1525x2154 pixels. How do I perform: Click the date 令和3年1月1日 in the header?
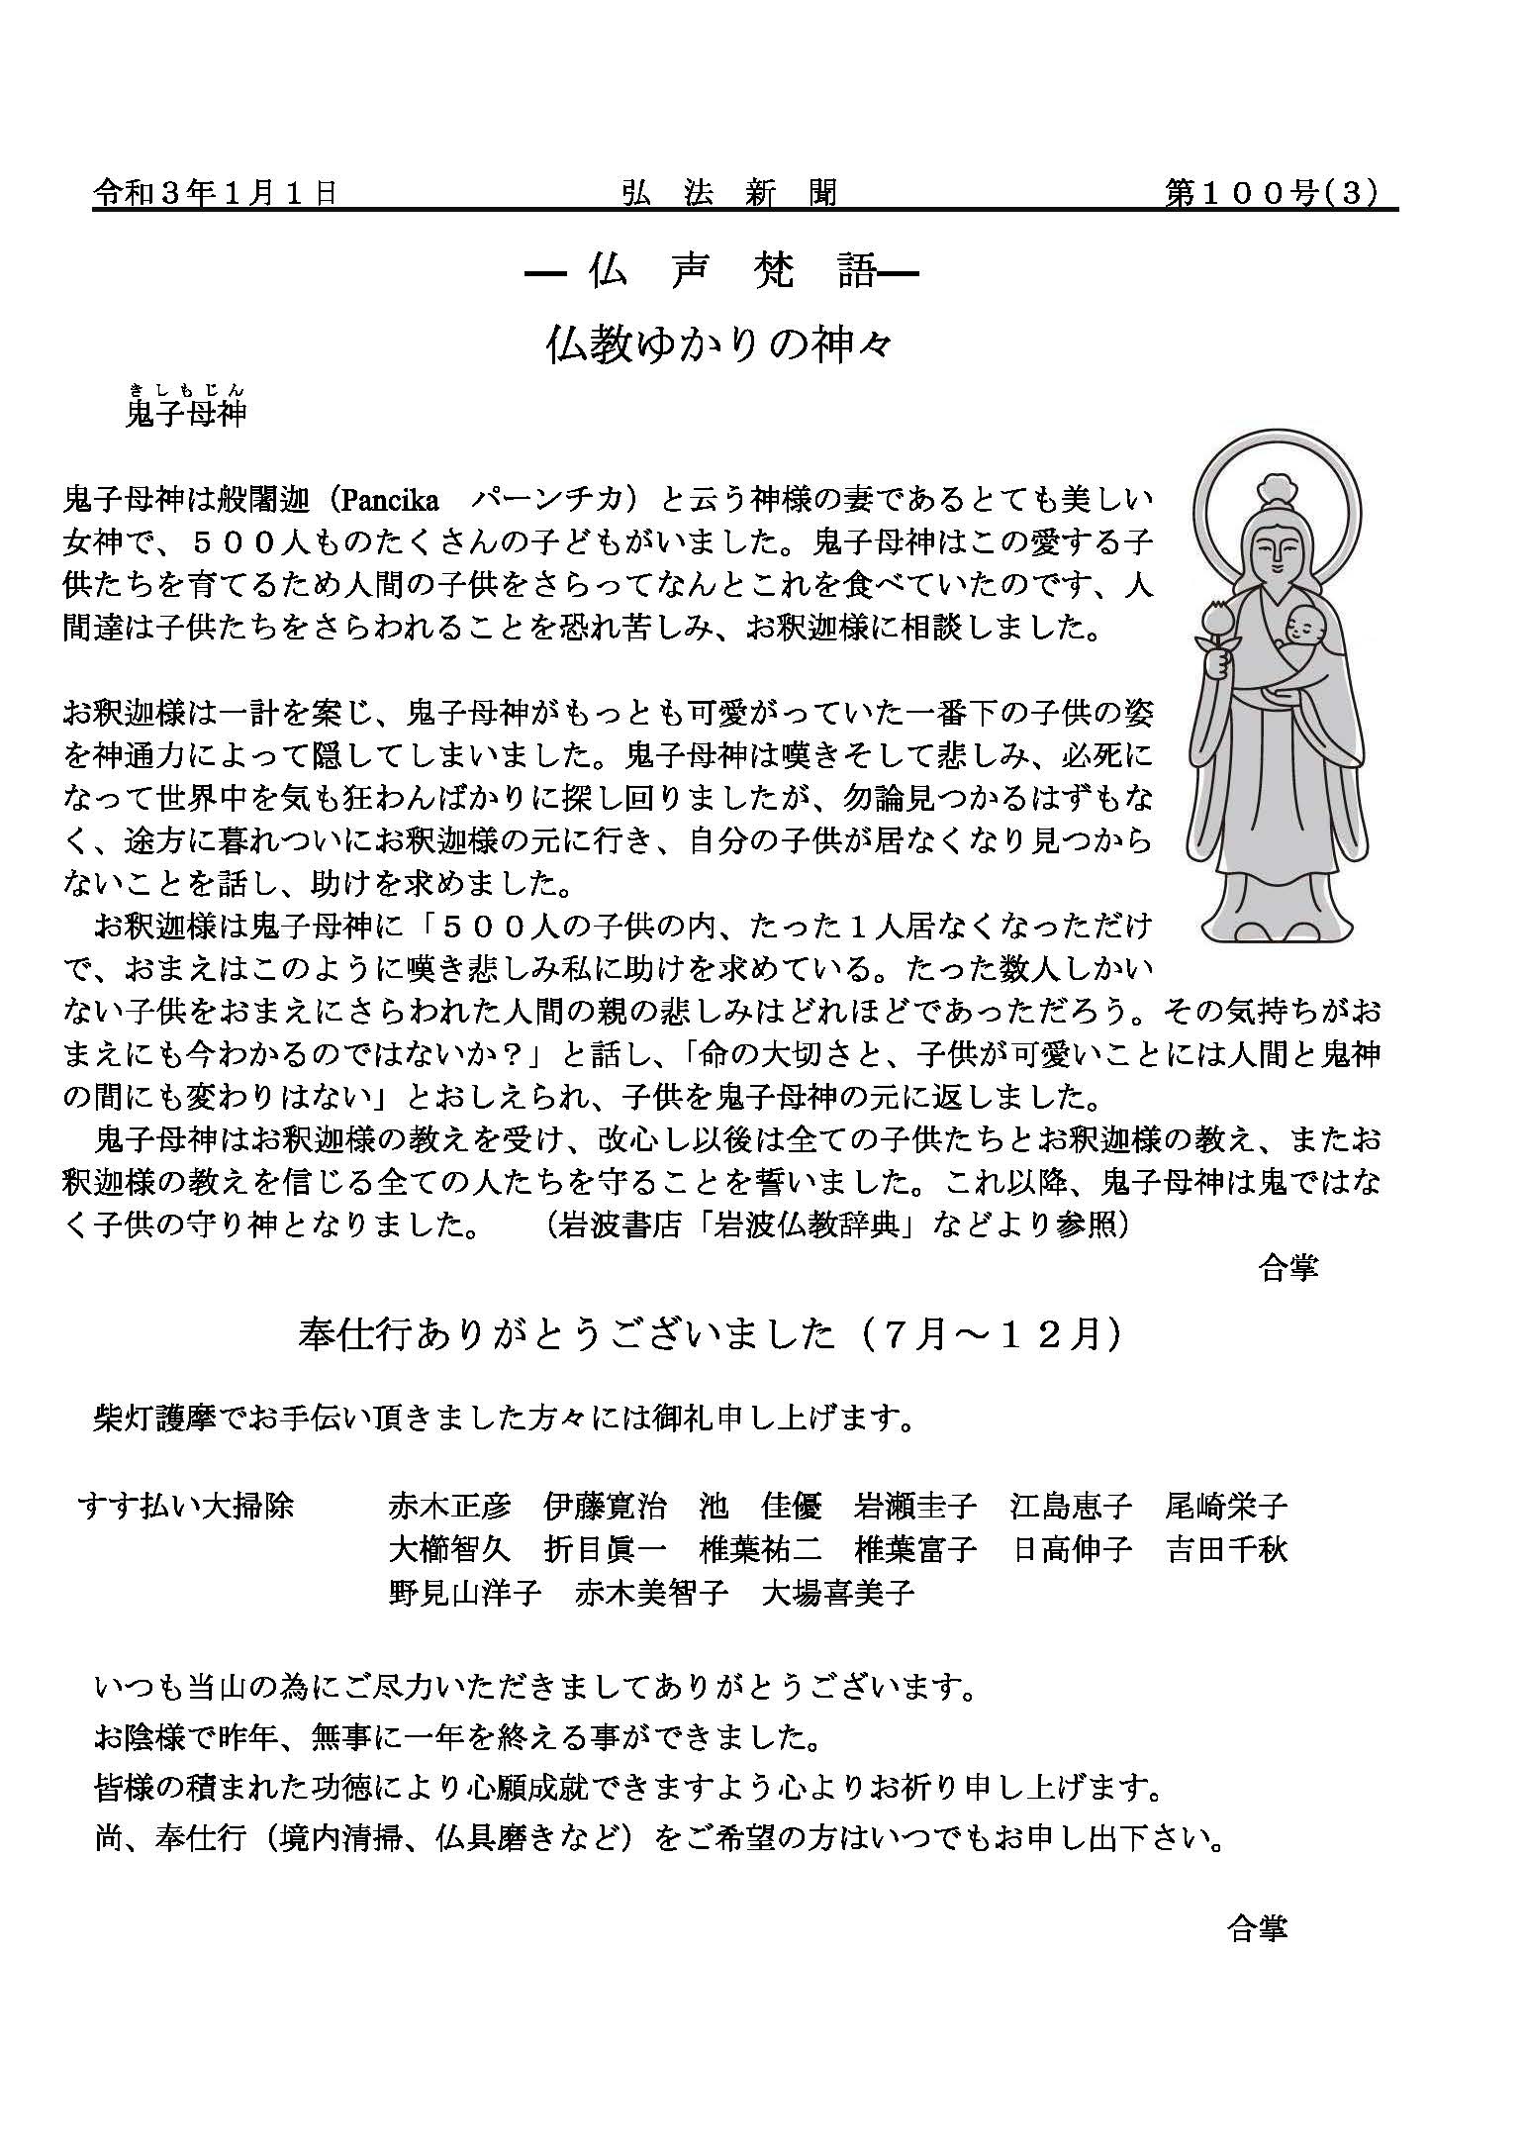click(215, 192)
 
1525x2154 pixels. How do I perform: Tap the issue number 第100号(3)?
click(1271, 192)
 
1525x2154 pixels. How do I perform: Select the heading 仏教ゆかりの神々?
click(719, 345)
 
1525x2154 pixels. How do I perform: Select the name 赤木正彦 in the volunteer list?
click(450, 1506)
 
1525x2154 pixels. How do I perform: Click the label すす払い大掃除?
click(186, 1506)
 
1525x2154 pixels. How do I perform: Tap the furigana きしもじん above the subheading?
click(186, 389)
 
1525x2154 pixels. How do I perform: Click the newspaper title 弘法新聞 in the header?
click(729, 192)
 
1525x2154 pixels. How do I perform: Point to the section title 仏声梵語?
click(719, 271)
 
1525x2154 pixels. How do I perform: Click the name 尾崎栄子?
click(1227, 1506)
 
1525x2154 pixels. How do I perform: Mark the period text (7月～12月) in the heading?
click(989, 1334)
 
